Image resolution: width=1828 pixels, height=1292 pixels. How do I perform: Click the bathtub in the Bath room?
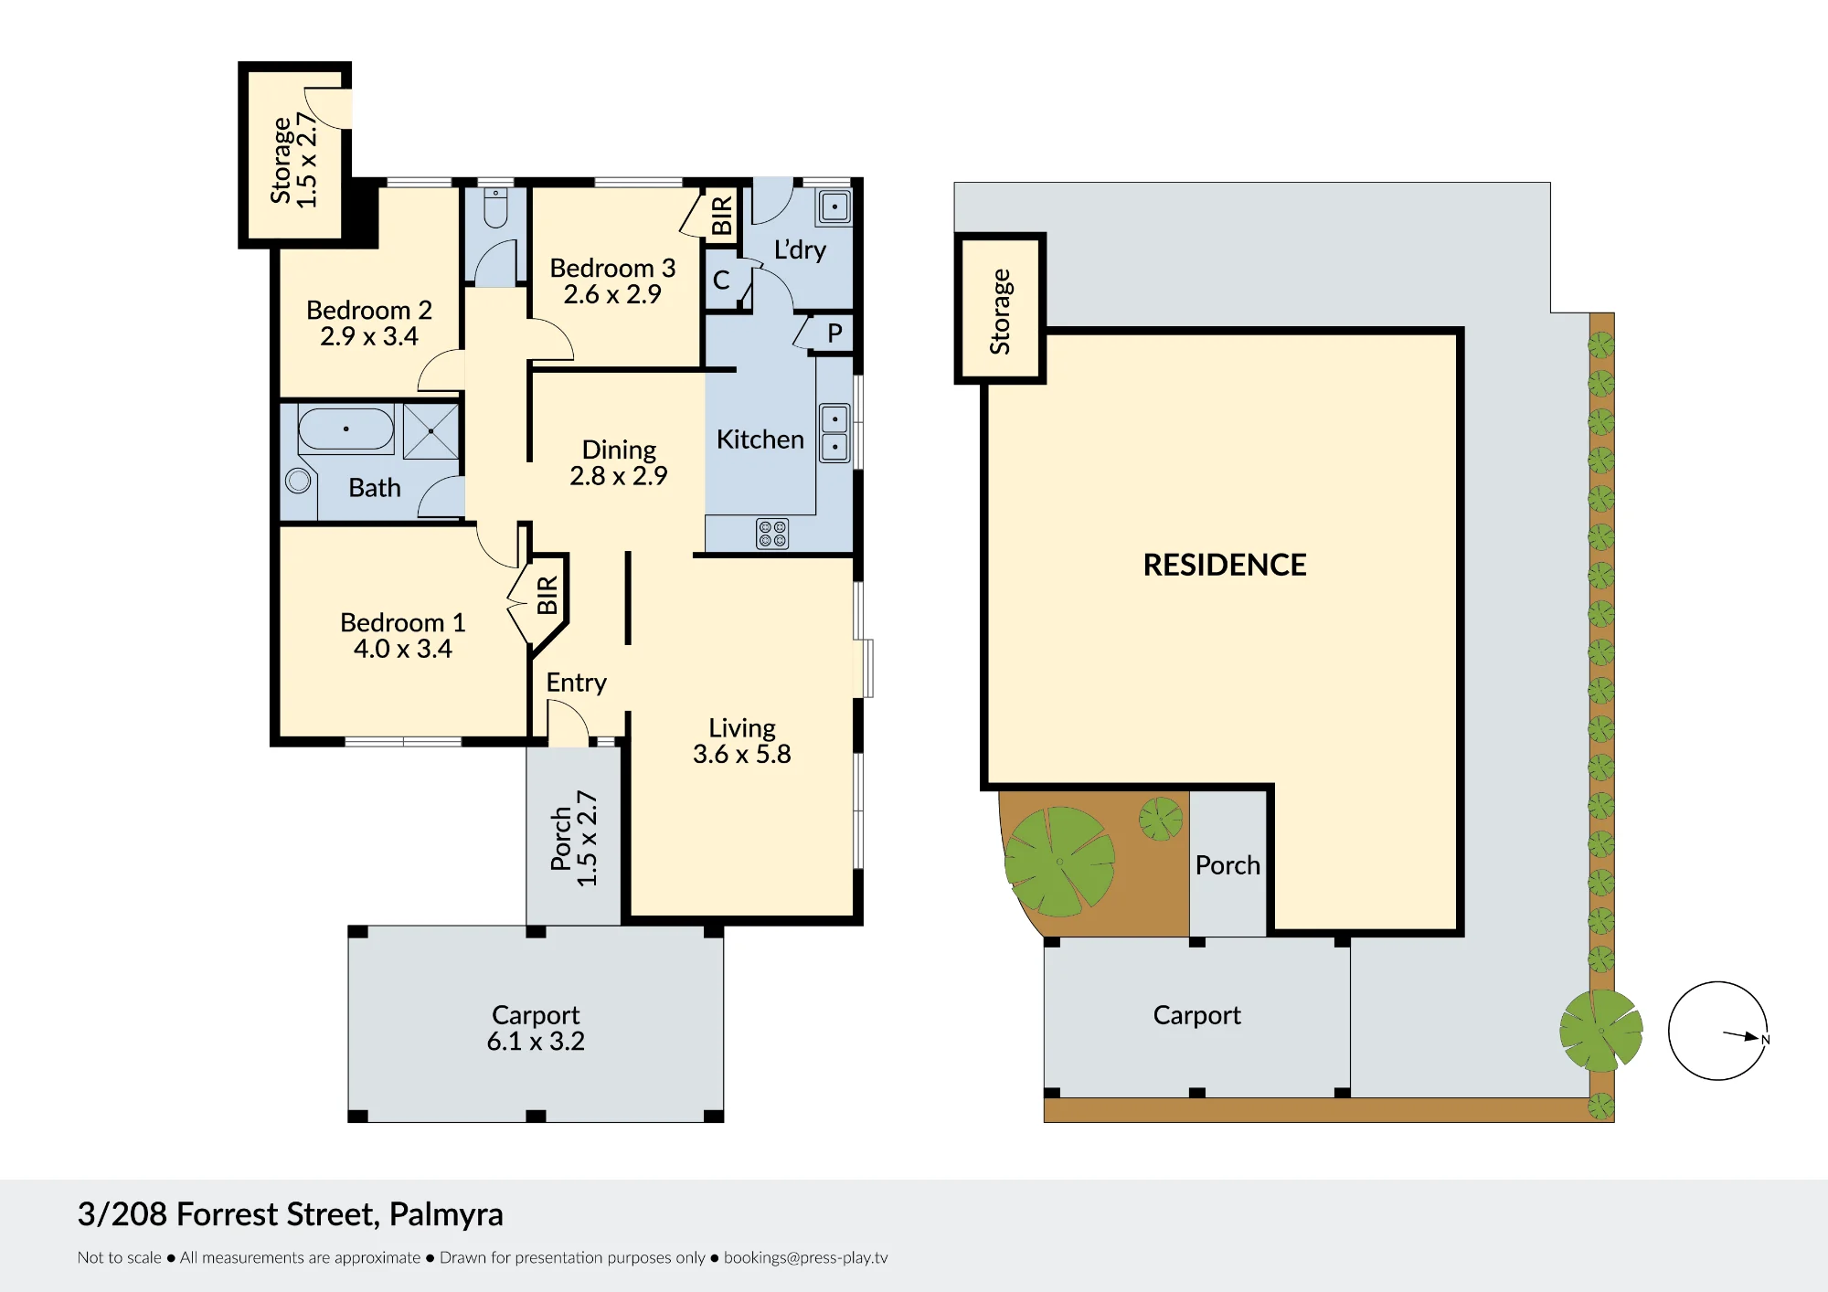point(345,429)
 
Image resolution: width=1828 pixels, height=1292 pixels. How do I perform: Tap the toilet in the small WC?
point(495,208)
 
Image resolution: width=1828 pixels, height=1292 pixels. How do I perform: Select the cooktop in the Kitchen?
point(772,534)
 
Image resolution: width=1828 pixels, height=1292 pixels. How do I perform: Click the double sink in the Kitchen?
point(834,433)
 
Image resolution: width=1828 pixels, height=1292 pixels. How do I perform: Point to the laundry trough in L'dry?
point(834,207)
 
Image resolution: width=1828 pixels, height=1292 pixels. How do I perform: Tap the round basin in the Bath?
point(298,480)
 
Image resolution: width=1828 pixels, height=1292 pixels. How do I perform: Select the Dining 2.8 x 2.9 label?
point(619,462)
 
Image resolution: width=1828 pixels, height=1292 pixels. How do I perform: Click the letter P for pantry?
point(834,334)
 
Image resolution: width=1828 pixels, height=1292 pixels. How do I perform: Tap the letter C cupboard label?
point(721,280)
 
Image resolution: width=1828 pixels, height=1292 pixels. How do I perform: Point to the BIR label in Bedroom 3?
point(722,216)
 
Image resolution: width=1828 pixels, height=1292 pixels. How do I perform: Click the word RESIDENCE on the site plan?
point(1225,565)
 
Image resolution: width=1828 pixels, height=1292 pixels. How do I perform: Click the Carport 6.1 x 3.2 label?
point(536,1028)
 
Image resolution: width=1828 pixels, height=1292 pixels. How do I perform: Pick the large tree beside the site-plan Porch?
point(1059,862)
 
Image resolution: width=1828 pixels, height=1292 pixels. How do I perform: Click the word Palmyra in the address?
point(446,1215)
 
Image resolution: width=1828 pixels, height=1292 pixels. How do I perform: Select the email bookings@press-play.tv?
point(805,1257)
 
